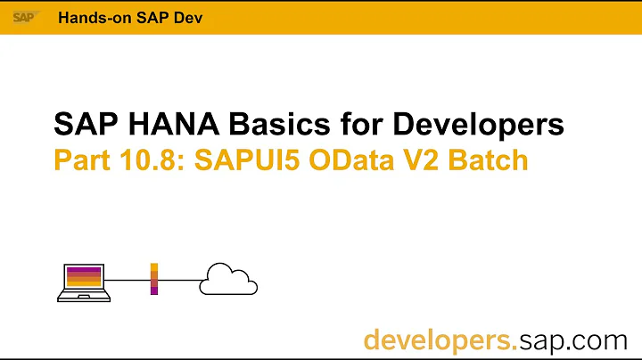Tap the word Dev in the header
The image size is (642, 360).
click(175, 19)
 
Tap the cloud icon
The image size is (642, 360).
click(228, 280)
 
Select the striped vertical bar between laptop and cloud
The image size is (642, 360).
click(154, 279)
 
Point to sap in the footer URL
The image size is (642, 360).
click(544, 340)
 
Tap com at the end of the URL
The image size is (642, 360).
click(603, 340)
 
